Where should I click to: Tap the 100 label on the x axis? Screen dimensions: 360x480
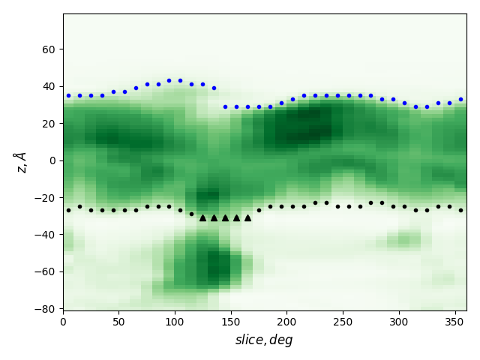(175, 322)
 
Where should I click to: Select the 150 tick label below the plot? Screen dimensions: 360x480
(231, 322)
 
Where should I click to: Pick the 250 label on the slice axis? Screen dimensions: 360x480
(343, 322)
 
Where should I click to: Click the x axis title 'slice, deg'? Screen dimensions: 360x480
(264, 340)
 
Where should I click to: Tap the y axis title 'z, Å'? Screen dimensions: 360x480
(20, 162)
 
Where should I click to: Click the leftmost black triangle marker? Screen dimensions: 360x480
(202, 217)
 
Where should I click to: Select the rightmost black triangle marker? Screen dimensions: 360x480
(247, 217)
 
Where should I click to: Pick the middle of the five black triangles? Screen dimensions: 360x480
(225, 217)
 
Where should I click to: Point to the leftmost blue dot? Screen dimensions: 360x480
(68, 95)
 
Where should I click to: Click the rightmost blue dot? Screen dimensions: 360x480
(460, 99)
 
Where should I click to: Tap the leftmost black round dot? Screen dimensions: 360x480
(68, 210)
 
